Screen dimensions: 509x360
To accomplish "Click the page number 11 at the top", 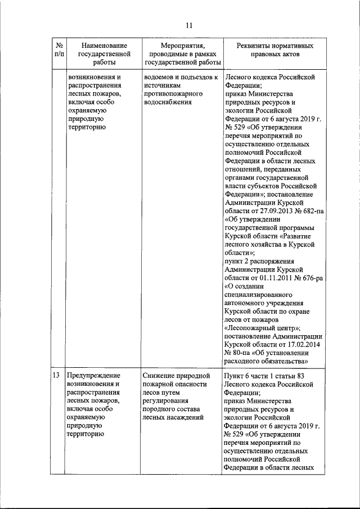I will pyautogui.click(x=189, y=25).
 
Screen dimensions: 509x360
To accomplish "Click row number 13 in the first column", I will pyautogui.click(x=56, y=375).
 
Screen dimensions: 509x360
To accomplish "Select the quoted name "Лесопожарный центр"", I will pyautogui.click(x=262, y=328).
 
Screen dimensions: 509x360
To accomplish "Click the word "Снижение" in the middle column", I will pyautogui.click(x=159, y=375).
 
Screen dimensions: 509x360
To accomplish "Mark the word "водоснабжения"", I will pyautogui.click(x=168, y=102).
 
